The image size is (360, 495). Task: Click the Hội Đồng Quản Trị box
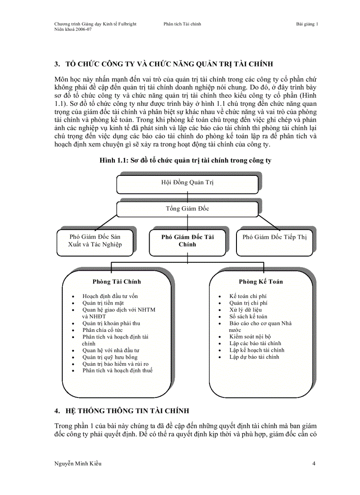pos(187,183)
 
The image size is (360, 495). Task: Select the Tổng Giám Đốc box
pos(187,209)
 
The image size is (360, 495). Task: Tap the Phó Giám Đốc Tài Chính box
pos(187,240)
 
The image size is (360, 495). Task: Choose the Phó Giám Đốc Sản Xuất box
pos(95,241)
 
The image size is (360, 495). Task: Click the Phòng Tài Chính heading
pos(117,282)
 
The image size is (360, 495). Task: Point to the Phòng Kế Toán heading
pos(261,282)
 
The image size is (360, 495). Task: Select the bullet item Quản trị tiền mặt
pos(103,303)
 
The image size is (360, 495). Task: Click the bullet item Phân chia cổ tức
pos(102,330)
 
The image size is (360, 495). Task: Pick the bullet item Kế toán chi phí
pos(247,296)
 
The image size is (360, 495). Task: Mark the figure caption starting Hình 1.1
pos(185,160)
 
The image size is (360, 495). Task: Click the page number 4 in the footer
pos(313,463)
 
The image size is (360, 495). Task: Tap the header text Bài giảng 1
pos(307,24)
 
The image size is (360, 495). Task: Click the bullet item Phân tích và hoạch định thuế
pos(117,370)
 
